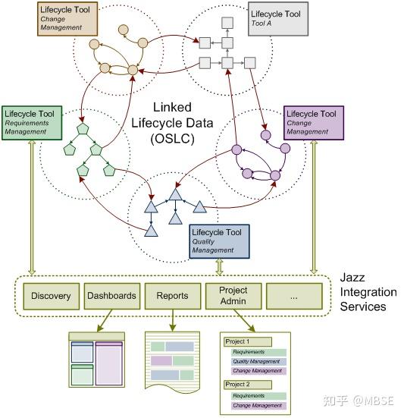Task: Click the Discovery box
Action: tap(52, 296)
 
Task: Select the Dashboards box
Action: tap(111, 296)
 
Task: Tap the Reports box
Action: tap(172, 296)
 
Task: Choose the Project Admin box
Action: tap(233, 296)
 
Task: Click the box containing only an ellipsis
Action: tap(294, 296)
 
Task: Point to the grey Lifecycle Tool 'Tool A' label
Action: tap(278, 19)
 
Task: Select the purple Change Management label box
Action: tap(313, 122)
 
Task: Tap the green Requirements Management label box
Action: tap(31, 122)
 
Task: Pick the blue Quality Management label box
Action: tap(219, 240)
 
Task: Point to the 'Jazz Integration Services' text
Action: tap(368, 292)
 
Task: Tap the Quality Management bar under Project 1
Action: tap(258, 362)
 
